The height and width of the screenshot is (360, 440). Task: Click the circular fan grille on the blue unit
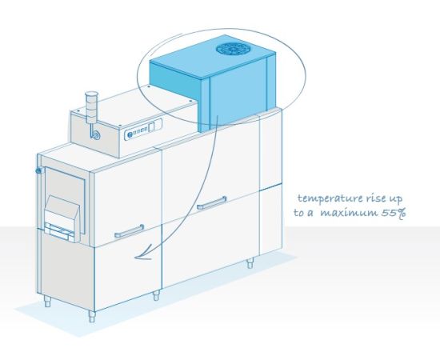[230, 49]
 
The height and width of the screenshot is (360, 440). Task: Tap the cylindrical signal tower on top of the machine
[90, 107]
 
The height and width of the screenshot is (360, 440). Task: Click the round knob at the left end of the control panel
[130, 135]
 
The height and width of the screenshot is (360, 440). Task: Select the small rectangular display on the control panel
[151, 127]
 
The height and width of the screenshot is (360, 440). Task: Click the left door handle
[130, 231]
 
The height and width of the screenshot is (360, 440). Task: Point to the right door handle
[211, 203]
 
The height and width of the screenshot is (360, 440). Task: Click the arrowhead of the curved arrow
[143, 254]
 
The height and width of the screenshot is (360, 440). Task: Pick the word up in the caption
[395, 199]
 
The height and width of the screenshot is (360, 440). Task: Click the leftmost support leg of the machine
[47, 301]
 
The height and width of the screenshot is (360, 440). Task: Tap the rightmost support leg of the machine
[250, 263]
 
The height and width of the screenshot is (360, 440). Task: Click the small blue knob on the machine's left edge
[38, 170]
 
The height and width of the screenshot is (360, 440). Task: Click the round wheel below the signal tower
[97, 135]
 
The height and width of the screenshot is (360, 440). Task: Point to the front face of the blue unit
[238, 94]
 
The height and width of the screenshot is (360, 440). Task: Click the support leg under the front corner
[92, 317]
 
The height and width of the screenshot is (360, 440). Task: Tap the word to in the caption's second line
[298, 213]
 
